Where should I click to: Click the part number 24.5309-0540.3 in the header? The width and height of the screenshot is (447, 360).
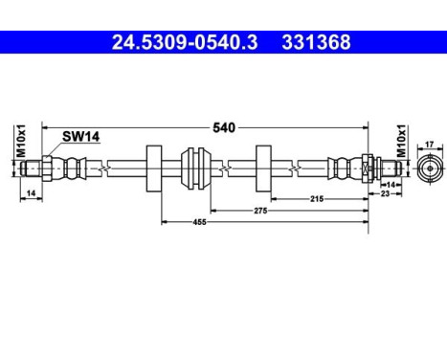(182, 42)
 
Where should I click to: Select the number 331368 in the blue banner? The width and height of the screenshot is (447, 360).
(315, 42)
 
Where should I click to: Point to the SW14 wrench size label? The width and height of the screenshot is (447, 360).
(80, 137)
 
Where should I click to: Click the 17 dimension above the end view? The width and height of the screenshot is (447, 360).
(429, 146)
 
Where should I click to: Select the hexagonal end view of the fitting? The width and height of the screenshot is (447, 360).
(429, 169)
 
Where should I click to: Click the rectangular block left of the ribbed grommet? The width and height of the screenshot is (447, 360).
(150, 169)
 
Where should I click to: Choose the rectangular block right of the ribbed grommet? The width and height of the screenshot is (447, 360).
(263, 169)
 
